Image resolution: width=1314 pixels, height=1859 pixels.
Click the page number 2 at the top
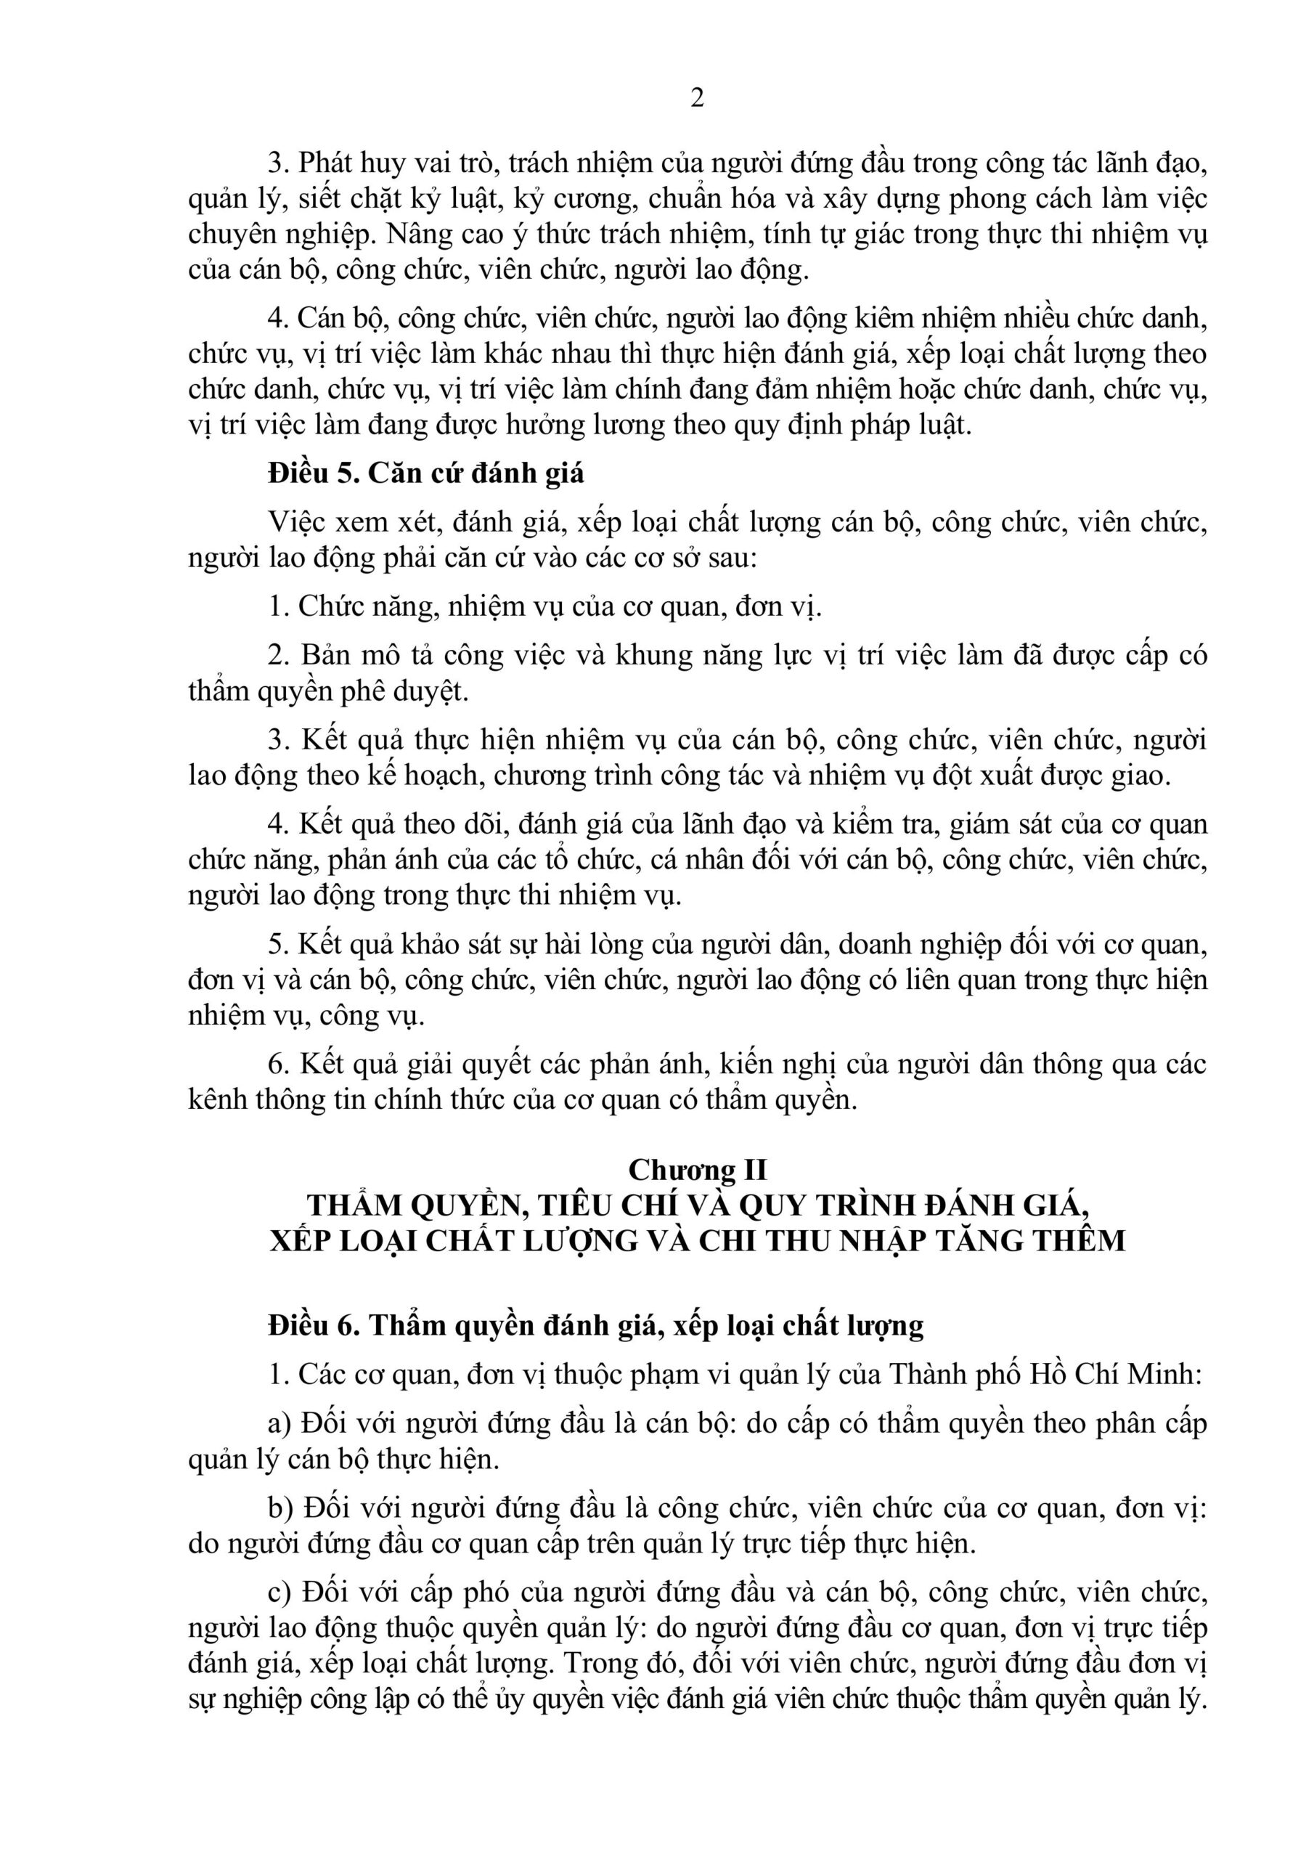coord(696,98)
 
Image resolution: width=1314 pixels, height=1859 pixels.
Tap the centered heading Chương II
coord(697,1170)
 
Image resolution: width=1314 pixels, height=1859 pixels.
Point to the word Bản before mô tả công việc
coord(330,655)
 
